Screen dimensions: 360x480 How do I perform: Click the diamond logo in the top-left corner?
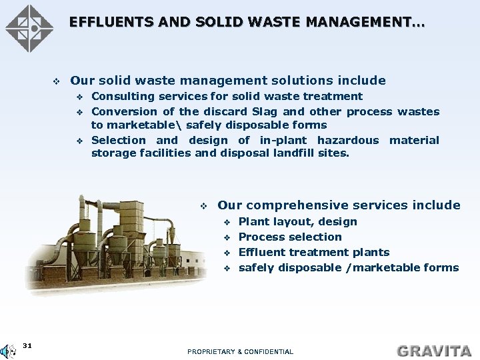(29, 29)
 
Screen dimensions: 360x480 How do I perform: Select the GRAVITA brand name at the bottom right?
(434, 351)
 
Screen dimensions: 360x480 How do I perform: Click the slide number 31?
(27, 345)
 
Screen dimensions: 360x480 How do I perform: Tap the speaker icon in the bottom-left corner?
(8, 351)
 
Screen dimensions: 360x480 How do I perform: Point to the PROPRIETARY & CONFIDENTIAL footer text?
(240, 351)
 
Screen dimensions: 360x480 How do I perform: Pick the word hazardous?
(347, 140)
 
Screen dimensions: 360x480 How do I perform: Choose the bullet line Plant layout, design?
(297, 222)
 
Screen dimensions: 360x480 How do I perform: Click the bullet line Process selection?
(289, 237)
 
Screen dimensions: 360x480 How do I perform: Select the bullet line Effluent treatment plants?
(313, 253)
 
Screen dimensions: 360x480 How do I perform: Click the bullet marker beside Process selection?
(227, 237)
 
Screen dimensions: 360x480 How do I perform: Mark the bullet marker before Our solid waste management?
(57, 81)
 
